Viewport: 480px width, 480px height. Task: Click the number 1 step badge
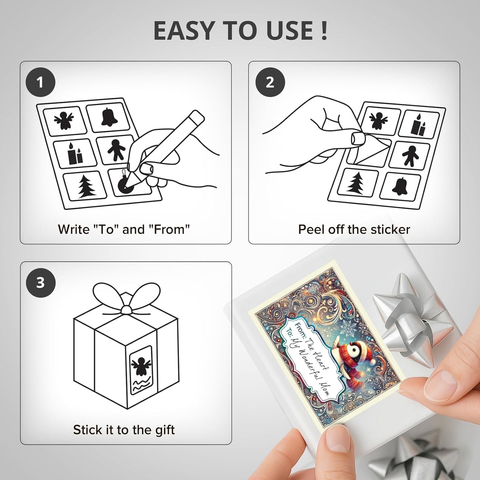tap(40, 82)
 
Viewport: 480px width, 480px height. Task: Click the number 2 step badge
tap(270, 82)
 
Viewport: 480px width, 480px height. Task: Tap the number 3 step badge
tap(40, 283)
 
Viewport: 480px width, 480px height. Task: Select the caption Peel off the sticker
tap(354, 230)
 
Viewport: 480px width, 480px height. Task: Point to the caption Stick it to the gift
tap(124, 430)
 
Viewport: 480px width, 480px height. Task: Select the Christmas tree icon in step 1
tap(86, 187)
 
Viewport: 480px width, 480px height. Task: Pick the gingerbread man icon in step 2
tap(411, 156)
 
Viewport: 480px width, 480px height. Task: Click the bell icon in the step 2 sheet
tap(400, 187)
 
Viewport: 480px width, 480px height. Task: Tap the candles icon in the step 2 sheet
tap(418, 125)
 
